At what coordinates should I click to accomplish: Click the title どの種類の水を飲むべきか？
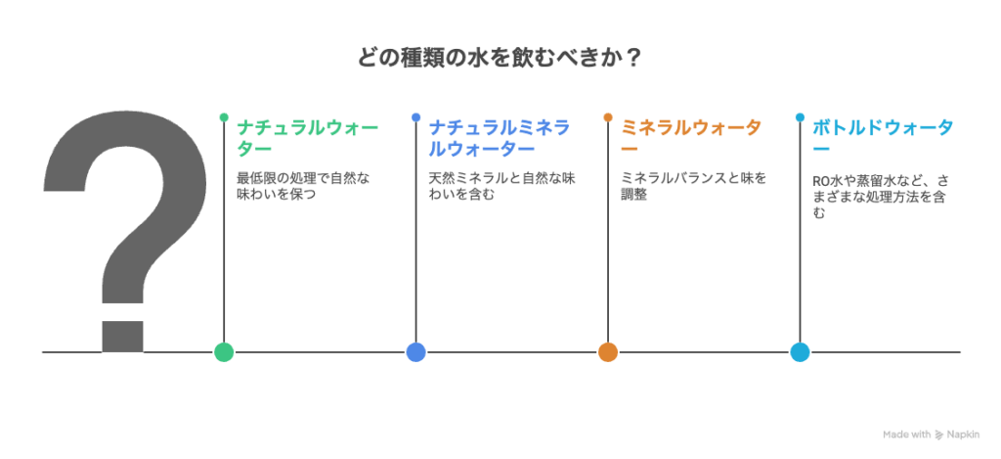[500, 59]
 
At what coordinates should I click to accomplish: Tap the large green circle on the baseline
[224, 351]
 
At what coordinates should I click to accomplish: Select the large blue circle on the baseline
[415, 351]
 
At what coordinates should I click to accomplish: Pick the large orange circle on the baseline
[608, 351]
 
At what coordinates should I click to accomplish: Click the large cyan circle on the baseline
[800, 351]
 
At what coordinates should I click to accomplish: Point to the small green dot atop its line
[224, 117]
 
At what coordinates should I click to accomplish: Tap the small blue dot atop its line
[415, 117]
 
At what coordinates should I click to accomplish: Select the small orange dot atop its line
[608, 117]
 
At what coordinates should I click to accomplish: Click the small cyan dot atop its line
[800, 117]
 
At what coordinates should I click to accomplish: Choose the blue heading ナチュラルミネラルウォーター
[500, 138]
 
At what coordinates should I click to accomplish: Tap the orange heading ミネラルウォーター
[691, 138]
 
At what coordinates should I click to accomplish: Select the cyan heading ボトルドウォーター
[884, 138]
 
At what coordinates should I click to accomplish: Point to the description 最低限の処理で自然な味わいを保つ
[303, 185]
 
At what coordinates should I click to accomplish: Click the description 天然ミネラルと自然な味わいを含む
[501, 185]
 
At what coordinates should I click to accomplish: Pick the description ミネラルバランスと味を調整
[694, 185]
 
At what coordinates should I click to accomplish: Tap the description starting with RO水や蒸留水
[880, 198]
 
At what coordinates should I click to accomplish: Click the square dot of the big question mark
[122, 337]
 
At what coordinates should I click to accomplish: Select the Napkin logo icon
[939, 435]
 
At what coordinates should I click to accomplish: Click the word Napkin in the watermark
[963, 435]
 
